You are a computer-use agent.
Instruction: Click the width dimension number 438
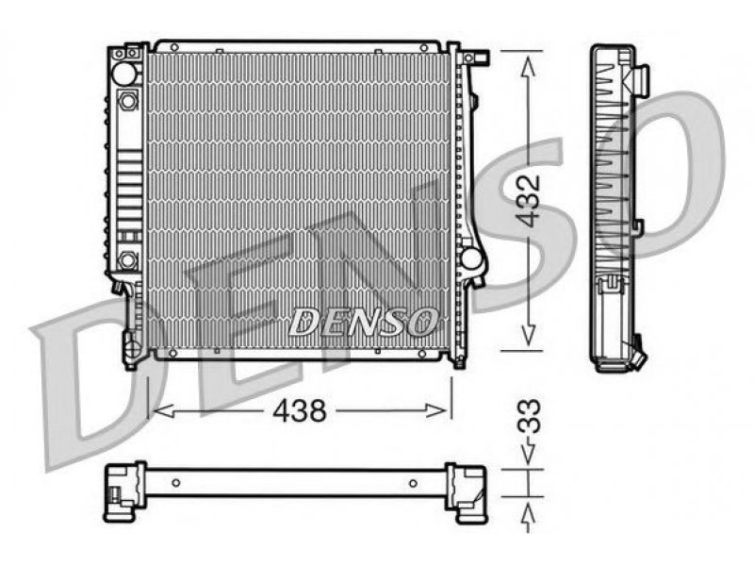[299, 411]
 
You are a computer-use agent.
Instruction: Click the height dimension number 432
[530, 200]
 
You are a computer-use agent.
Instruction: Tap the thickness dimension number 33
[530, 416]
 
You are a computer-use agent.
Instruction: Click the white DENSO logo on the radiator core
[363, 321]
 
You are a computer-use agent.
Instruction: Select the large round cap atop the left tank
[124, 74]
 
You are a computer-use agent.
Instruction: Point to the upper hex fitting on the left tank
[127, 101]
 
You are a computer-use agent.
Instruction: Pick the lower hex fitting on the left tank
[127, 260]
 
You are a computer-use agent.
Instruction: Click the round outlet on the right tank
[471, 258]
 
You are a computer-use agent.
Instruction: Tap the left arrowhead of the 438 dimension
[163, 411]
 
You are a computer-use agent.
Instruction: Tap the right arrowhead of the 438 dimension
[436, 410]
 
